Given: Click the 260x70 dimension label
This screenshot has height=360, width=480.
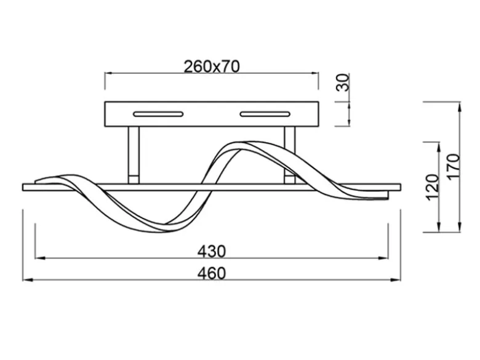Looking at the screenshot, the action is (x=212, y=66).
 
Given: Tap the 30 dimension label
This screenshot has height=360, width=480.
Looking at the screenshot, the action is (x=343, y=82).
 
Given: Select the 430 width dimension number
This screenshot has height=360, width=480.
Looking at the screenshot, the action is (x=212, y=252).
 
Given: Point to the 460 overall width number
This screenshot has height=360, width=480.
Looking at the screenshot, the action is (x=212, y=273).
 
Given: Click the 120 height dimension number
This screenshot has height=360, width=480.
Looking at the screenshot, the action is (x=433, y=187).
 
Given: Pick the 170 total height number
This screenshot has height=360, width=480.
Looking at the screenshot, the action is (x=454, y=166).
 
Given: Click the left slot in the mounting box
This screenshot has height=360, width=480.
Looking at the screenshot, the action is (x=158, y=114).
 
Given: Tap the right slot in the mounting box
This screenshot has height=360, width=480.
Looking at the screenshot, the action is (x=265, y=114).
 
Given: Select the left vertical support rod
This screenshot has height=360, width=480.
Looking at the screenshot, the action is (x=134, y=155).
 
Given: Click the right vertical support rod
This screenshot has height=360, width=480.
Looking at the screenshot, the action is (x=290, y=155).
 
